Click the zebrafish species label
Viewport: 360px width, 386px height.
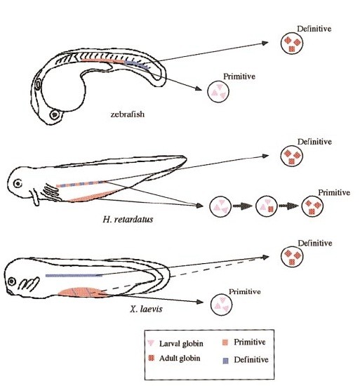pyautogui.click(x=127, y=114)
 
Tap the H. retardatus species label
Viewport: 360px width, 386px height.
pyautogui.click(x=128, y=219)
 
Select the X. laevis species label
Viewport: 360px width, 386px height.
pyautogui.click(x=146, y=309)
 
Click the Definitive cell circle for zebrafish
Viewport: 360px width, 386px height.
pyautogui.click(x=292, y=43)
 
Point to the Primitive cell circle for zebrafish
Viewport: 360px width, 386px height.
pyautogui.click(x=218, y=91)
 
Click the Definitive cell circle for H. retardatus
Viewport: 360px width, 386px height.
pyautogui.click(x=292, y=156)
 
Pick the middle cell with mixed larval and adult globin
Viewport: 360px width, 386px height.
pyautogui.click(x=267, y=206)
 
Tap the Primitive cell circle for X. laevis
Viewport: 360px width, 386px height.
pyautogui.click(x=221, y=305)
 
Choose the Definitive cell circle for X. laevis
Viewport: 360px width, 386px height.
pyautogui.click(x=292, y=256)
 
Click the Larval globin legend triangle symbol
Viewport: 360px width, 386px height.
pyautogui.click(x=151, y=343)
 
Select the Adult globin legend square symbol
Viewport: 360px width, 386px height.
pyautogui.click(x=152, y=358)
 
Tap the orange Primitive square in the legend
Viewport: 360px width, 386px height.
pyautogui.click(x=225, y=342)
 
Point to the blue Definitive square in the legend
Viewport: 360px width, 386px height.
pyautogui.click(x=225, y=361)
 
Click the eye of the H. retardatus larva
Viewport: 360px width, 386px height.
pyautogui.click(x=18, y=183)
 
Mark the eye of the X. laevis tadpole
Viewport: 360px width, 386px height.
pyautogui.click(x=12, y=281)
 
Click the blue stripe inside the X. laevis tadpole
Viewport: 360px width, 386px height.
pyautogui.click(x=74, y=276)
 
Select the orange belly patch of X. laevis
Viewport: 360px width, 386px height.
pyautogui.click(x=82, y=292)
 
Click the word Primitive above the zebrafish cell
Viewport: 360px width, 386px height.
pyautogui.click(x=239, y=76)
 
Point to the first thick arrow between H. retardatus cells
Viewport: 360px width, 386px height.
pyautogui.click(x=242, y=206)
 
